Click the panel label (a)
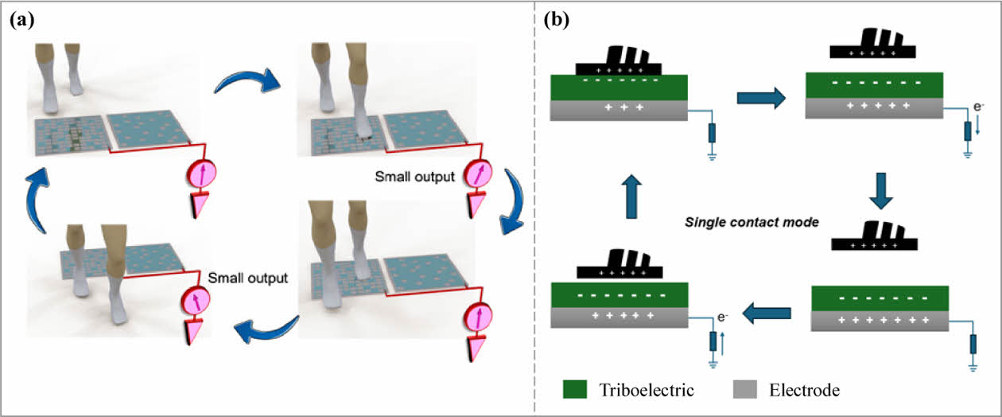pyautogui.click(x=22, y=21)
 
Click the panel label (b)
pyautogui.click(x=556, y=21)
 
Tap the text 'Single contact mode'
pyautogui.click(x=753, y=222)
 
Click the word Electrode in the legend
pyautogui.click(x=805, y=390)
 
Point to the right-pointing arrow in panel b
pyautogui.click(x=761, y=97)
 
